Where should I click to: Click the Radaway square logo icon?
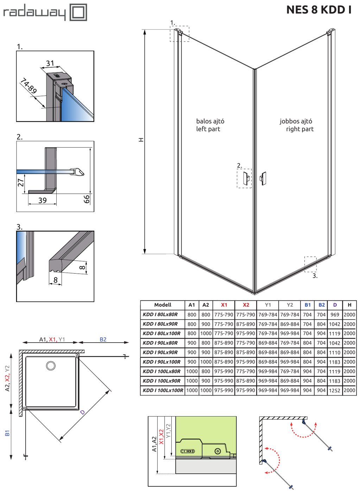[78, 12]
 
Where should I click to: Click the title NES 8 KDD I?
[319, 10]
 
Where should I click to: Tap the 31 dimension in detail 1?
[50, 63]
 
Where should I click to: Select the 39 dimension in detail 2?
[42, 200]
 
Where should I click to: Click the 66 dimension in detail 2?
[87, 199]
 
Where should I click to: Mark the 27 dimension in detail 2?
[21, 182]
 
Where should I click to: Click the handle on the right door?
[263, 179]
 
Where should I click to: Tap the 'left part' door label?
[208, 129]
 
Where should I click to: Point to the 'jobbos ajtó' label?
[296, 121]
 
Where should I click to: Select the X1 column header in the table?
[224, 305]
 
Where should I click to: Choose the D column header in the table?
[335, 305]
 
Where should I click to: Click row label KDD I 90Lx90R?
[160, 352]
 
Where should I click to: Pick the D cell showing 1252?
[335, 391]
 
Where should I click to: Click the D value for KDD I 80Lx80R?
[335, 315]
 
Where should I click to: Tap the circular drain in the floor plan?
[51, 366]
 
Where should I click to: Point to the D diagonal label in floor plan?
[82, 412]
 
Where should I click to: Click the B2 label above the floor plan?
[103, 339]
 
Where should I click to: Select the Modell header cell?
[163, 305]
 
